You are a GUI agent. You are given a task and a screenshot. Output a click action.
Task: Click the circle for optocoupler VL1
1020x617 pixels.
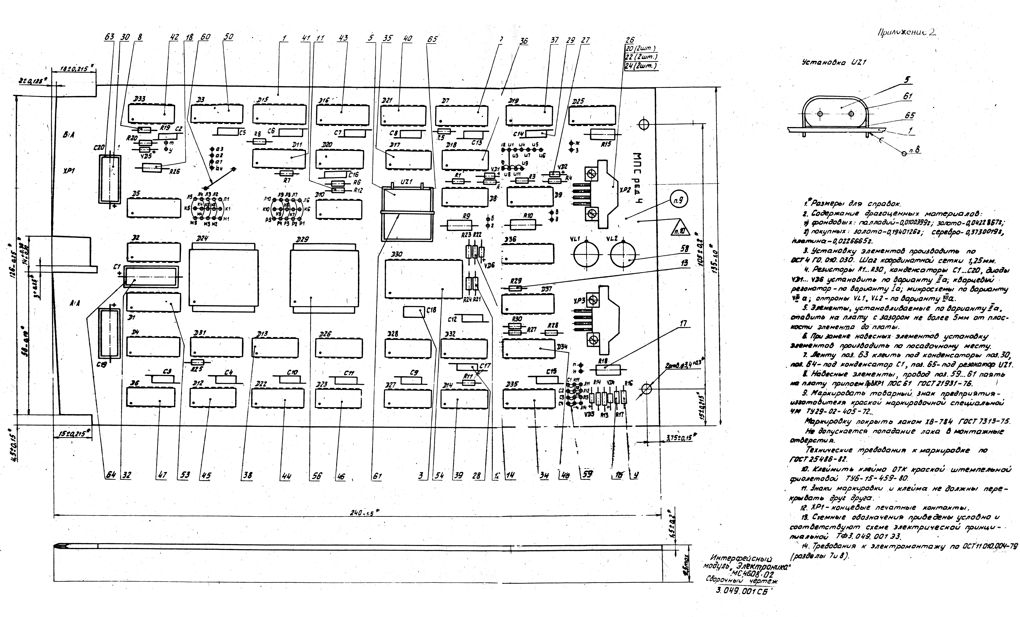586,255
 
